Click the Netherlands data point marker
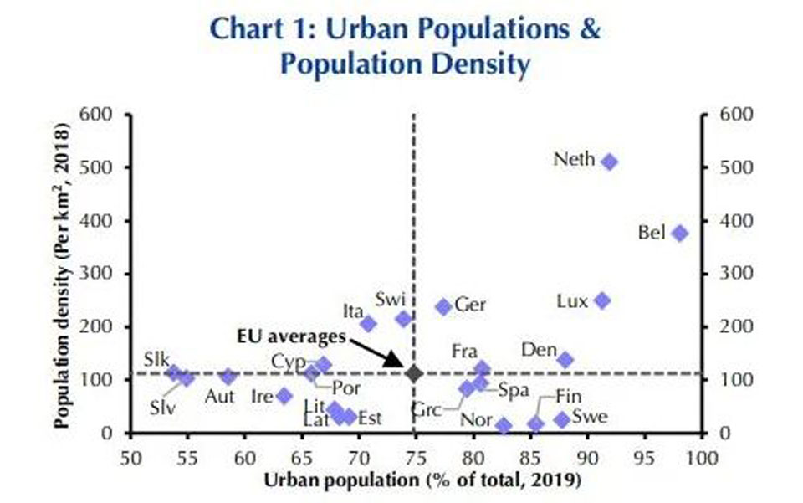(610, 162)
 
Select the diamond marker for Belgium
(680, 234)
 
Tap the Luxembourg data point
(602, 300)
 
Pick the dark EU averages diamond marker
(413, 372)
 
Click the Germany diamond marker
(444, 307)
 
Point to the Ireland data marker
(284, 396)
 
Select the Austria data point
(228, 377)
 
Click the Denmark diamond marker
(565, 360)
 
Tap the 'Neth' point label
(575, 159)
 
